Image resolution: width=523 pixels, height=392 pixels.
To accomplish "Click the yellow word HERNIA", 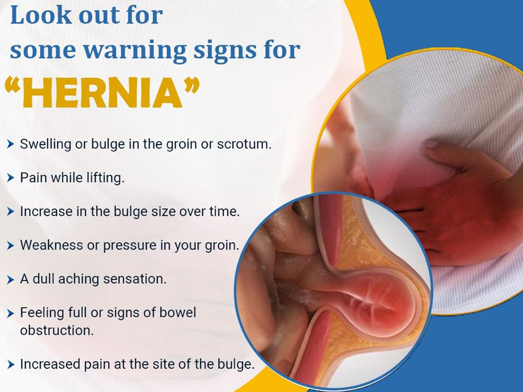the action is coord(102,93).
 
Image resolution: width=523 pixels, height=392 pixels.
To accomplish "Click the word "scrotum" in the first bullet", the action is coord(244,144).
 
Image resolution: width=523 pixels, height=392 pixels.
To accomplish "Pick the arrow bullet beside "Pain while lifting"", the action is coord(11,178).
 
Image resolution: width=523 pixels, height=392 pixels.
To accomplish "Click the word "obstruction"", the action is coord(57,330).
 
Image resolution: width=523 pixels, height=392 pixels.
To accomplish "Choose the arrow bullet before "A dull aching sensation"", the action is coord(11,280).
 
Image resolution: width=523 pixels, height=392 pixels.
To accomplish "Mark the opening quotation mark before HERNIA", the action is coord(13,85).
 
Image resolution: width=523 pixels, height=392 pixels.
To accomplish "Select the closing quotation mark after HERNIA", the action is coord(191,84).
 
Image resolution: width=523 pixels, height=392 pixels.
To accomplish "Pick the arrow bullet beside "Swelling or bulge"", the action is coord(11,144).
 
